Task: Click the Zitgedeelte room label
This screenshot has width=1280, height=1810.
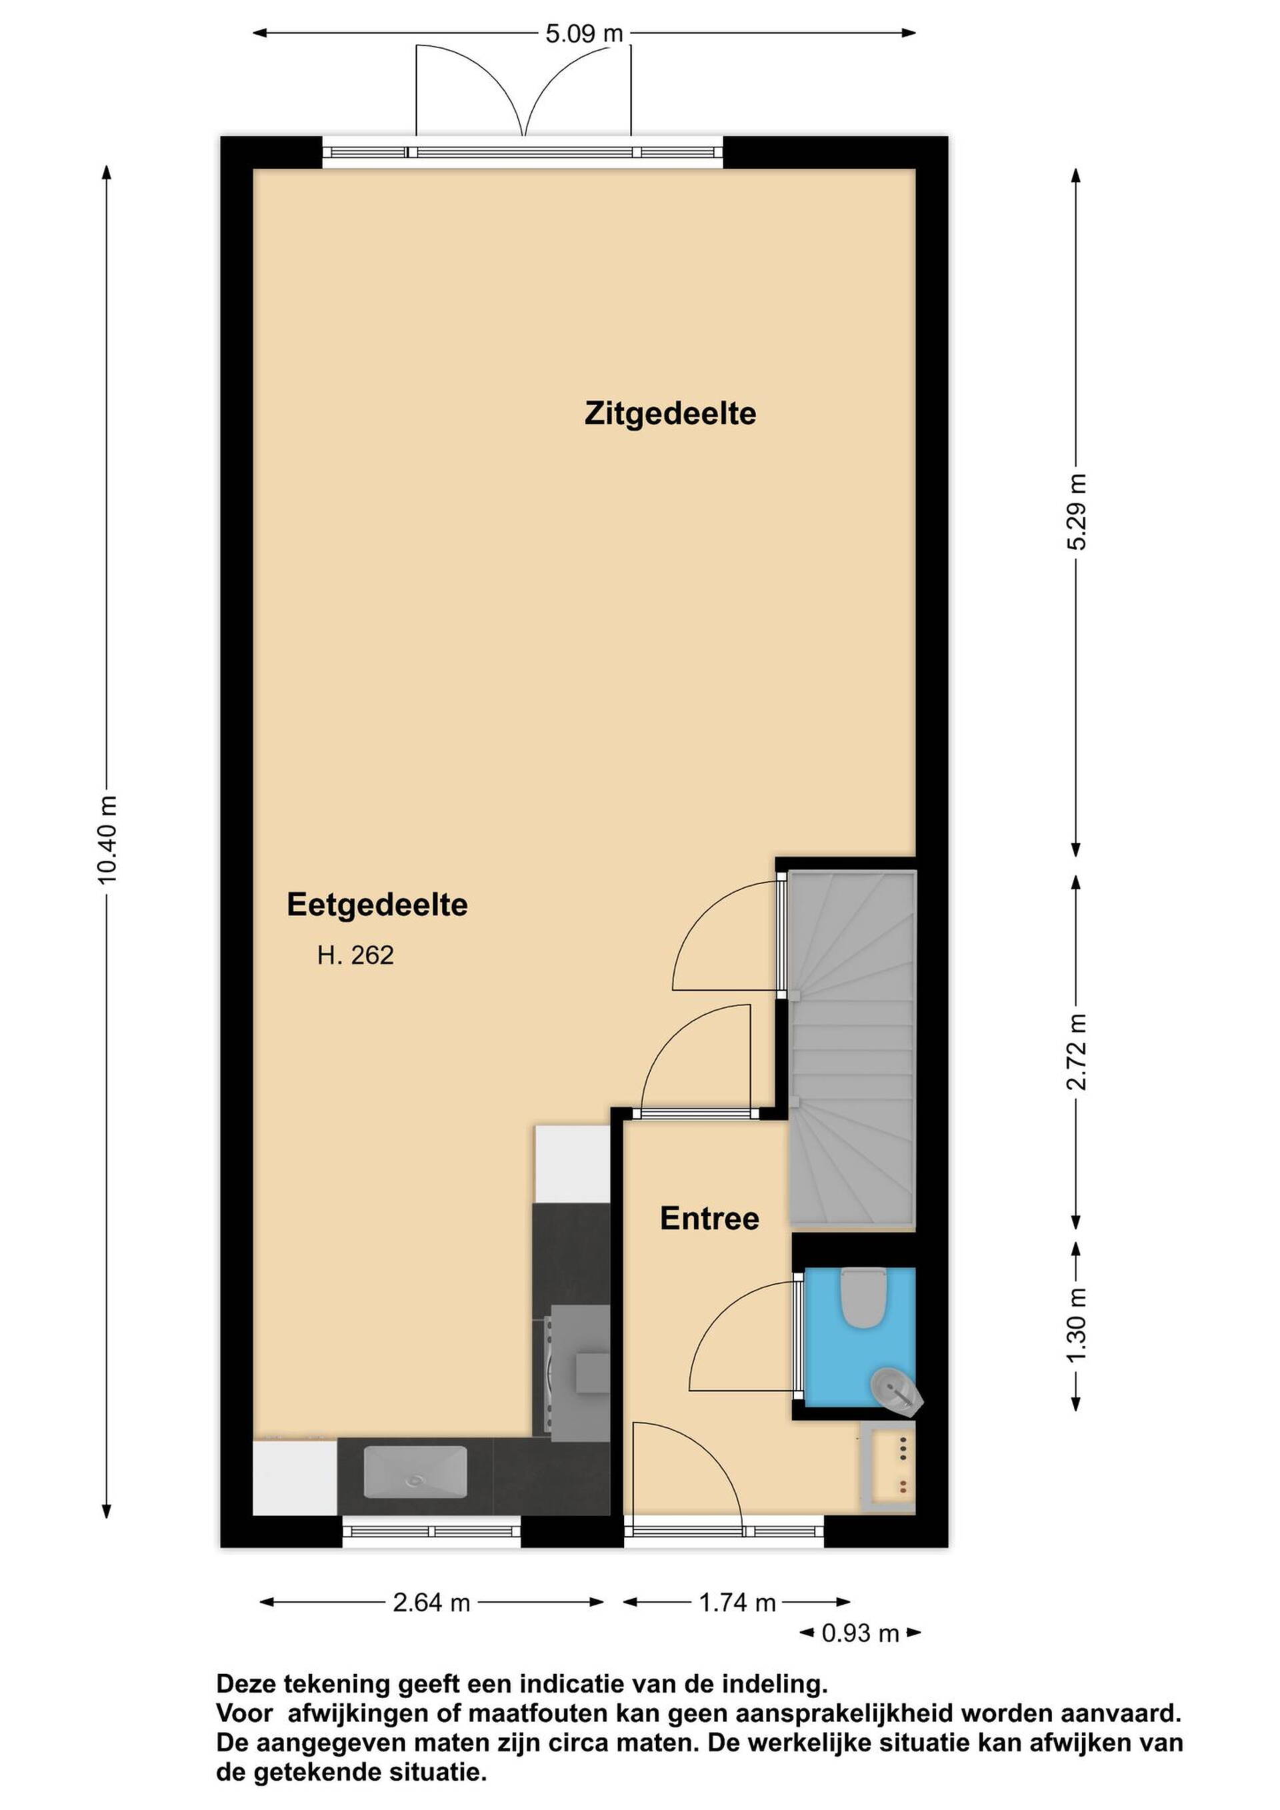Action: click(x=670, y=414)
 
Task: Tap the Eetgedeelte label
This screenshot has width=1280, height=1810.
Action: click(x=377, y=905)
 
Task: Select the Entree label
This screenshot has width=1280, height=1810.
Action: click(x=709, y=1219)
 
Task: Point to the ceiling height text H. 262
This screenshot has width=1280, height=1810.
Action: click(x=355, y=955)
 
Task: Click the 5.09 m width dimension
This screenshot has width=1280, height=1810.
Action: click(x=584, y=33)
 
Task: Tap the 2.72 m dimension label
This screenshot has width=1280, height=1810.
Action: click(x=1077, y=1053)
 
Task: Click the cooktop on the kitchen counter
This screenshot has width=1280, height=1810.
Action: click(x=572, y=1372)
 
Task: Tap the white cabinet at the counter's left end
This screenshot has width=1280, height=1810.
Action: click(x=295, y=1477)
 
